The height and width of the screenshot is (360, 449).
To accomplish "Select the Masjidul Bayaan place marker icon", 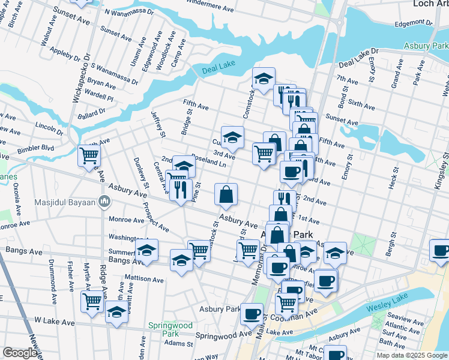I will (x=104, y=200).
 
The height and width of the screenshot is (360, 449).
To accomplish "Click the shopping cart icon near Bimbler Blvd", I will (x=89, y=157).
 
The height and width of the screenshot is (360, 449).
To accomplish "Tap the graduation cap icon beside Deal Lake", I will (x=264, y=79).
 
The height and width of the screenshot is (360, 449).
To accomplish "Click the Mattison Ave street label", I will (x=144, y=279).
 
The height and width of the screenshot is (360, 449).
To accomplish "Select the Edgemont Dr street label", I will (x=414, y=23).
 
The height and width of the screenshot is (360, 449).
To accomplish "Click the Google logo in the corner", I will (x=20, y=353).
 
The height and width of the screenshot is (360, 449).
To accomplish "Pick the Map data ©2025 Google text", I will (x=411, y=355).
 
